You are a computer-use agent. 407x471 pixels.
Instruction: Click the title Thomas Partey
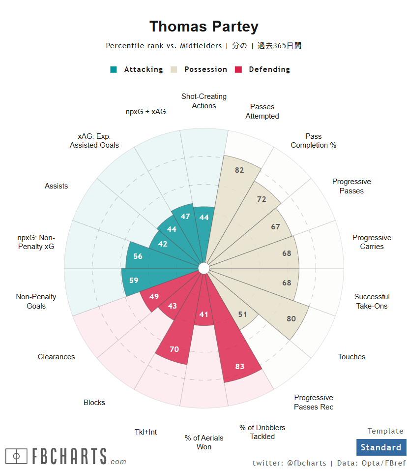(203, 27)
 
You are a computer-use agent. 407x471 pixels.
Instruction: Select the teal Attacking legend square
(114, 69)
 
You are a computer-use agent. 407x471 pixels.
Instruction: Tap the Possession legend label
(205, 69)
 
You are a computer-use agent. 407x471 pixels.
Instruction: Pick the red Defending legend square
(239, 69)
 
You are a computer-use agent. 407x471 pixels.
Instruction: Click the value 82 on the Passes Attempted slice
(239, 170)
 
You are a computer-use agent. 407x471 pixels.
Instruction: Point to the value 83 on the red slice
(240, 366)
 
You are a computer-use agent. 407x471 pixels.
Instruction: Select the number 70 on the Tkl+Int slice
(174, 349)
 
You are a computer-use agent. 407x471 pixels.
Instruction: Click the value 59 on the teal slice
(134, 281)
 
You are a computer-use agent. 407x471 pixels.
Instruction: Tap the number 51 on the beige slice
(242, 314)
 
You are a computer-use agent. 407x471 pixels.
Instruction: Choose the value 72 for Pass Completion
(262, 199)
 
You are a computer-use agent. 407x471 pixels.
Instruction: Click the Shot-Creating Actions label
(203, 101)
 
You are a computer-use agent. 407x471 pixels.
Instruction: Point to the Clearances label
(56, 357)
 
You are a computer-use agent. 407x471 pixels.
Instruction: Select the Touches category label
(351, 357)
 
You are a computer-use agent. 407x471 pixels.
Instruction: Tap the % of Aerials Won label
(203, 442)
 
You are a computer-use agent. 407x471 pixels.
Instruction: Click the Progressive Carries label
(372, 242)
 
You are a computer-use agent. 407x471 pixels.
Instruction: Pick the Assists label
(56, 186)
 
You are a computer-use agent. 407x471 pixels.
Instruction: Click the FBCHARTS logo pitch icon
(16, 456)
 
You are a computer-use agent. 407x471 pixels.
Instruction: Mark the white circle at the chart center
(203, 268)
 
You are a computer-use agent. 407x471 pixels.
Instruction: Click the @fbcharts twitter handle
(306, 463)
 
